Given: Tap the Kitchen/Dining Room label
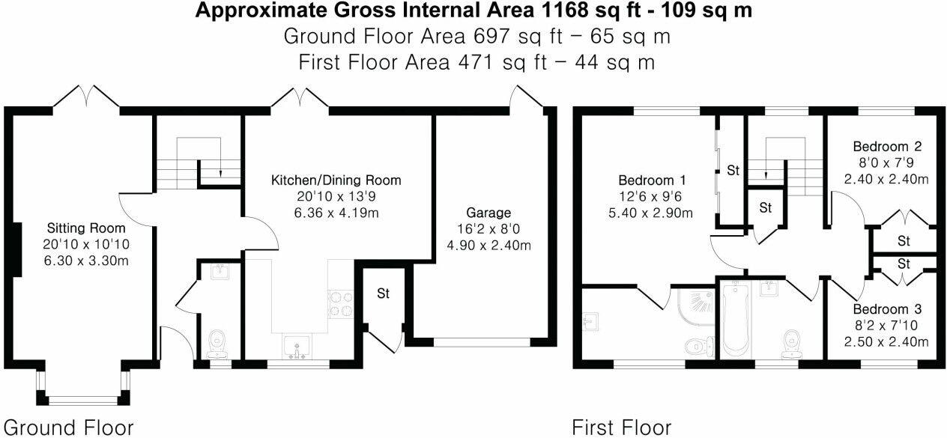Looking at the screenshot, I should pyautogui.click(x=336, y=180).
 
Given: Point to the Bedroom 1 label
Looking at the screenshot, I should pyautogui.click(x=652, y=180).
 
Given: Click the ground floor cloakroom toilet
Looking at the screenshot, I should pyautogui.click(x=218, y=344).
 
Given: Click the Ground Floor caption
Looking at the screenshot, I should pyautogui.click(x=67, y=428).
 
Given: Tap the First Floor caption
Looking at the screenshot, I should pyautogui.click(x=621, y=428).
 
